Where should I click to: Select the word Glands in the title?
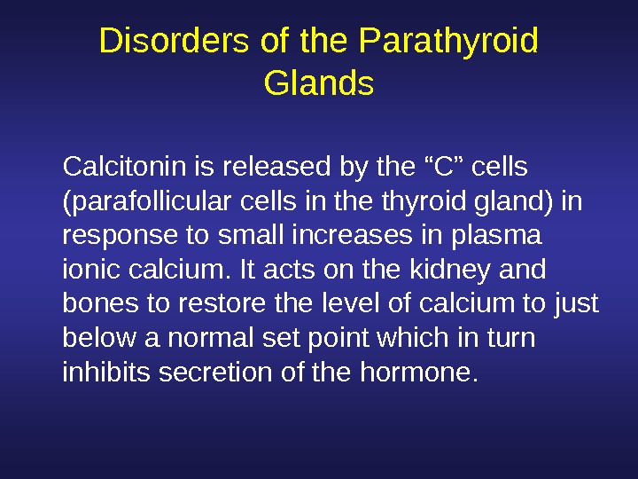[x=319, y=84]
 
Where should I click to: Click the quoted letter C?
[x=433, y=166]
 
